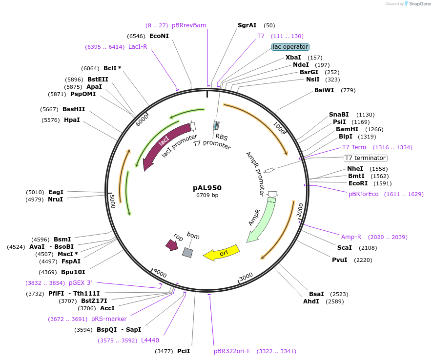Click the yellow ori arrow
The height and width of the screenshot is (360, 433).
tap(222, 253)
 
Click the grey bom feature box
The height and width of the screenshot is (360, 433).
tap(187, 252)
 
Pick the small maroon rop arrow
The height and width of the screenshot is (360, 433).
tap(172, 245)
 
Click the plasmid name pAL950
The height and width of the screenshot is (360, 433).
tap(207, 187)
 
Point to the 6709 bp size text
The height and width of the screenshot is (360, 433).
tap(207, 195)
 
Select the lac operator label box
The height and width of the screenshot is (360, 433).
tap(290, 47)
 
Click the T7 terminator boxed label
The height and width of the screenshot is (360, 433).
tap(365, 158)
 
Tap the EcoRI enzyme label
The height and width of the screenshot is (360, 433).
tap(359, 183)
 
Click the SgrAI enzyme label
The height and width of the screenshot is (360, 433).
tap(247, 25)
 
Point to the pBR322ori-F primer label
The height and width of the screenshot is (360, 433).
tap(232, 351)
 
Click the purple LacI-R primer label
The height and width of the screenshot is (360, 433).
tap(138, 47)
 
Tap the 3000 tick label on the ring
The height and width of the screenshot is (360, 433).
tap(246, 276)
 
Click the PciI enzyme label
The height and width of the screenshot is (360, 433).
tap(184, 351)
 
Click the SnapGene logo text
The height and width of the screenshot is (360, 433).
tap(418, 4)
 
